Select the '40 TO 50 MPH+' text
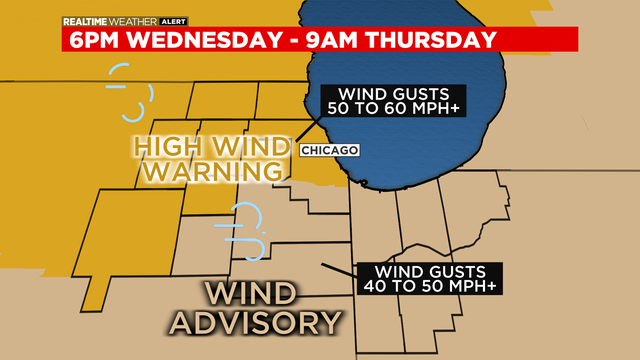pyautogui.click(x=430, y=286)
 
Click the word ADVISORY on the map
pyautogui.click(x=255, y=322)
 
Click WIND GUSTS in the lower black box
pyautogui.click(x=430, y=270)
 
